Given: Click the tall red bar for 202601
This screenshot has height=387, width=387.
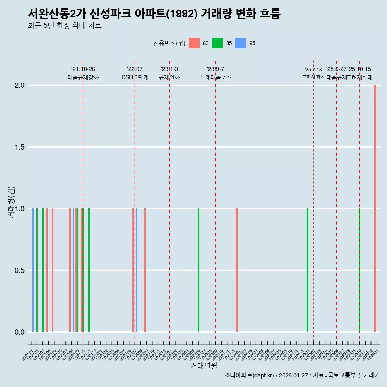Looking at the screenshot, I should (375, 208).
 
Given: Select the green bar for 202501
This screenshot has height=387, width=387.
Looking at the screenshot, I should (308, 270).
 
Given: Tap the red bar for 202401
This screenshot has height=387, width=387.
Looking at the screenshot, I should (237, 270).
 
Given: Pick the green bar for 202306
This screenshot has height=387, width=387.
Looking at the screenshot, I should (198, 270).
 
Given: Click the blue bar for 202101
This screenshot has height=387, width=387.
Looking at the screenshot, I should (33, 270).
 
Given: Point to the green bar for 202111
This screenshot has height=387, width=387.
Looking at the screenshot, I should (89, 270).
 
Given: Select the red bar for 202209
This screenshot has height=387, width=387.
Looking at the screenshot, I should (145, 270).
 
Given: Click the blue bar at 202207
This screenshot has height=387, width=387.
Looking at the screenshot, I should (137, 270).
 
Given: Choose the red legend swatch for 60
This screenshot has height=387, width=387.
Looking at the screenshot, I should (194, 43).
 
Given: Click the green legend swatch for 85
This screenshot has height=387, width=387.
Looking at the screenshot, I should (217, 43).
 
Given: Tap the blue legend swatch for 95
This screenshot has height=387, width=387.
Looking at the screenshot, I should (241, 43).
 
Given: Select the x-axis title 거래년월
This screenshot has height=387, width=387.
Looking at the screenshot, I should (204, 366).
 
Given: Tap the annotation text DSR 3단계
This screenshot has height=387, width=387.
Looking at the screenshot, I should (135, 77).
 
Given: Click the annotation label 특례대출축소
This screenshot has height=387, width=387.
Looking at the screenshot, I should (216, 77).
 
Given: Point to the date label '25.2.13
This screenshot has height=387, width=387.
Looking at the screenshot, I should (313, 70).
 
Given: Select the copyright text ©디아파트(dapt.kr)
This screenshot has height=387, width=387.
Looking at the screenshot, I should (250, 375).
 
